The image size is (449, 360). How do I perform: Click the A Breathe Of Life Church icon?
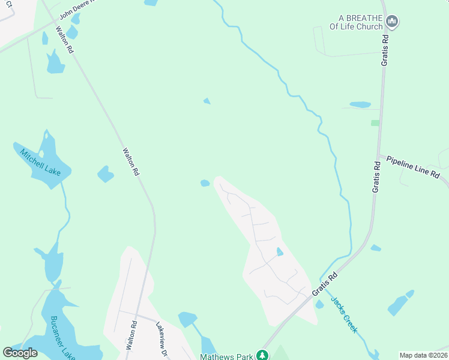pos(393,22)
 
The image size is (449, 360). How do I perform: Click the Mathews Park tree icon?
pos(262,356)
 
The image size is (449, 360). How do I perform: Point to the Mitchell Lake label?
pos(40,162)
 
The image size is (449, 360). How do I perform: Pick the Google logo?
pos(20,353)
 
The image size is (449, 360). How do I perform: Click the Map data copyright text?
pos(423,355)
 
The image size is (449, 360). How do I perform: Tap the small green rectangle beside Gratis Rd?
pos(375,122)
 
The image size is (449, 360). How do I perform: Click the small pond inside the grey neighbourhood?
pos(279,251)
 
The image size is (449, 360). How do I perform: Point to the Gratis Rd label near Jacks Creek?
pos(325,284)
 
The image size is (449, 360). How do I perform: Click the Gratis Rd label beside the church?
pos(385,50)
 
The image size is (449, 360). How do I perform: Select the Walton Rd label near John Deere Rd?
pos(64,40)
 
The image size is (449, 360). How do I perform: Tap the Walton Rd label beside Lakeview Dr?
pos(131,335)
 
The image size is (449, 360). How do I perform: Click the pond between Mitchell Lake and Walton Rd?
pos(106,174)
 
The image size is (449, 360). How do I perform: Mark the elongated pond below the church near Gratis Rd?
pos(360,104)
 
